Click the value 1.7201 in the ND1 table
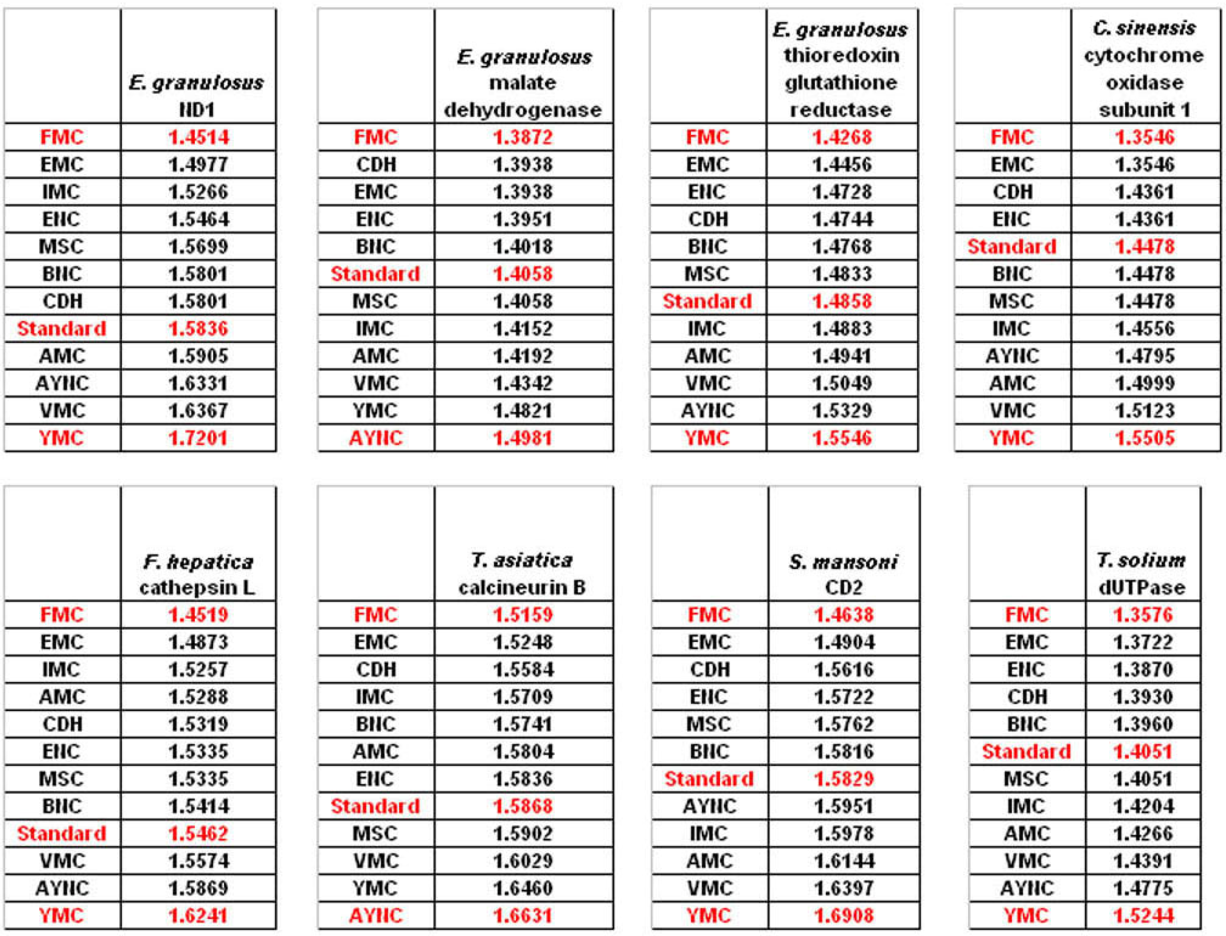click(198, 438)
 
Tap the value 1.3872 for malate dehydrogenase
click(523, 137)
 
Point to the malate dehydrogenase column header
click(523, 82)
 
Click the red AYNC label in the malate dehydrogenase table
click(375, 438)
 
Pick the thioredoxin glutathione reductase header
click(841, 69)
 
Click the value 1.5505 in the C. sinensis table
click(1144, 438)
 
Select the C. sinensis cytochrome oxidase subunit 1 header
click(1144, 69)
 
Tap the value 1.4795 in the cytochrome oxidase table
click(1144, 356)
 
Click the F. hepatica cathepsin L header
click(198, 574)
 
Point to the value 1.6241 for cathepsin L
click(198, 916)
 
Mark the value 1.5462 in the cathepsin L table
click(198, 834)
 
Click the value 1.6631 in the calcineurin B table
click(523, 916)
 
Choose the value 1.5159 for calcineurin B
click(523, 615)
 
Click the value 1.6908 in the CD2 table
click(843, 916)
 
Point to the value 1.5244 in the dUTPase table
click(1143, 916)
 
